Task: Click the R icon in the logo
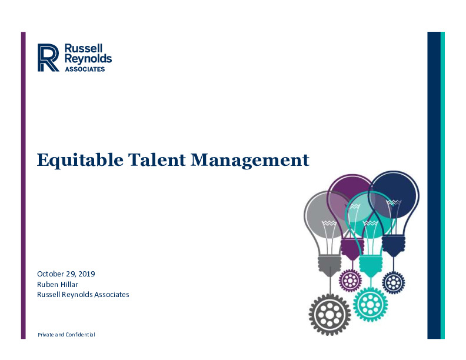tap(48, 58)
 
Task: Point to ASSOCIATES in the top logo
tap(85, 69)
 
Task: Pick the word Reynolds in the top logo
tap(88, 59)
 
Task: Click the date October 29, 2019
tap(66, 274)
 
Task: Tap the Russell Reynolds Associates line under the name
tap(83, 294)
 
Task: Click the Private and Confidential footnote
tap(66, 335)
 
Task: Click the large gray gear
tap(329, 315)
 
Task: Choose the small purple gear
tap(351, 281)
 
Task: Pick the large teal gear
tap(370, 304)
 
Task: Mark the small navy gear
tap(394, 282)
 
